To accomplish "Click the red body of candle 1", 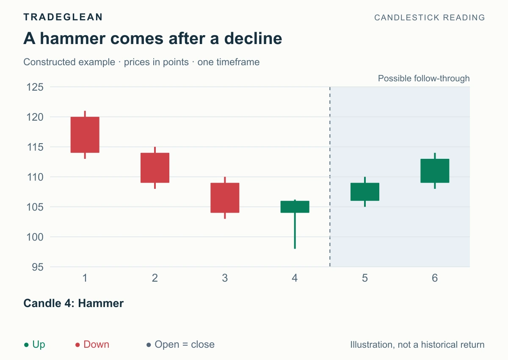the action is point(85,135).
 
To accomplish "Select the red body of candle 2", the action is point(155,168).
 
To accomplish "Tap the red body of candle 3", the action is point(225,198).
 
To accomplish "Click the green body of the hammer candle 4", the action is point(295,207).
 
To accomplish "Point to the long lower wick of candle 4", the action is point(295,231).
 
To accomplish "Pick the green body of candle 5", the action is point(364,192).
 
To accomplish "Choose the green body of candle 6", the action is point(435,171).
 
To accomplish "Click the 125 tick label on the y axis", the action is point(35,87).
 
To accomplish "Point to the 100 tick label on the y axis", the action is point(35,237).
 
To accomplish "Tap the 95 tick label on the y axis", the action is point(38,267).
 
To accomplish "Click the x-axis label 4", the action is point(295,278).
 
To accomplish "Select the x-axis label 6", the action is point(435,278).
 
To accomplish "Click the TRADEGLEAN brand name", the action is point(63,17).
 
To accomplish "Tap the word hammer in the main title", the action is point(73,39).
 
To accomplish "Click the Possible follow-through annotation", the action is point(424,78).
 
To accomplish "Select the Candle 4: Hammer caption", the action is point(74,303).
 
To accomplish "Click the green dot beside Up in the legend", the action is point(26,345).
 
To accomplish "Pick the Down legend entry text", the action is point(97,344).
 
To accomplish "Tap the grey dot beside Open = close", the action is point(149,345).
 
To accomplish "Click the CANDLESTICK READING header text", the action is point(430,17).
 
